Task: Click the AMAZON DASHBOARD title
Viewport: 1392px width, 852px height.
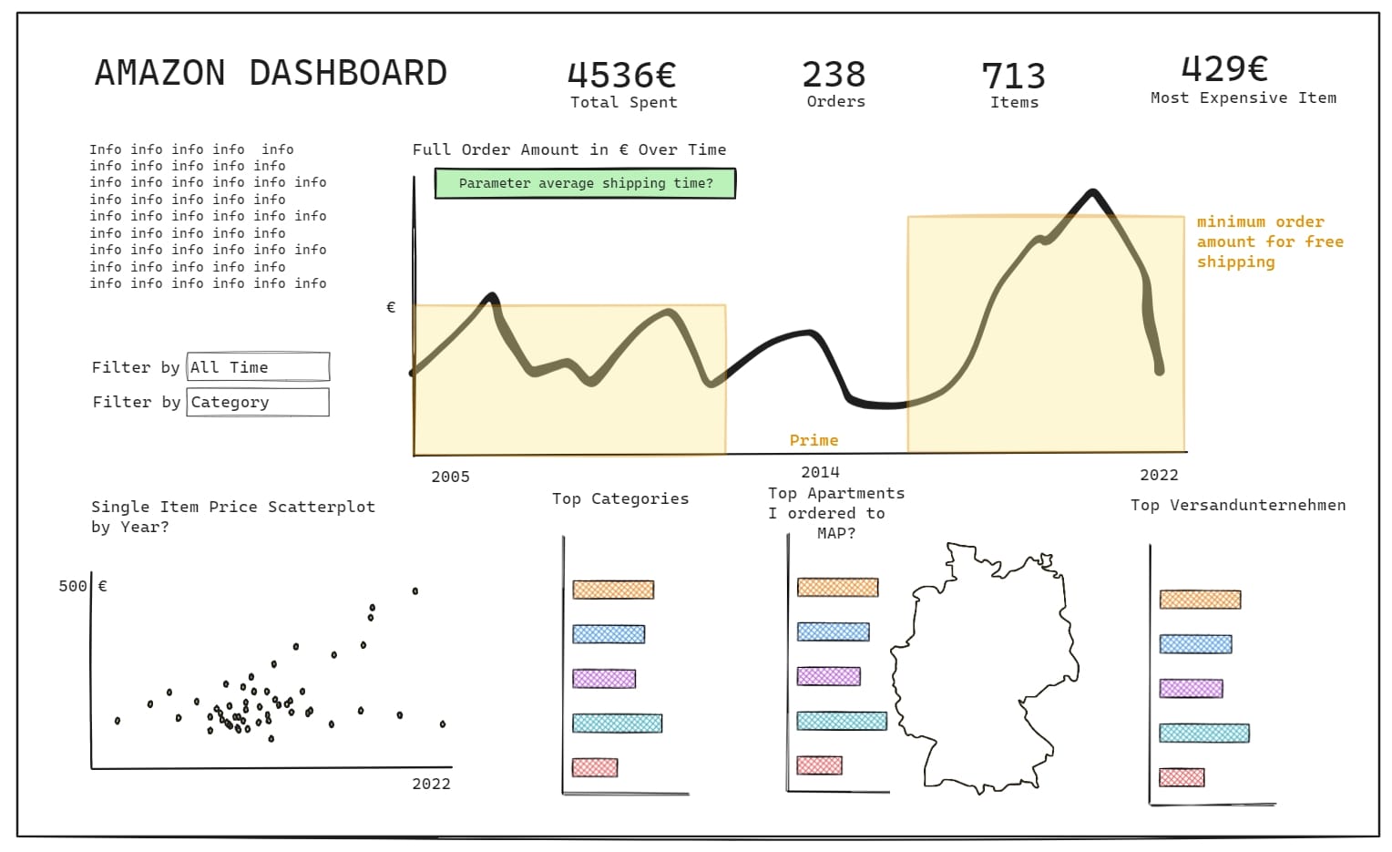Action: (271, 73)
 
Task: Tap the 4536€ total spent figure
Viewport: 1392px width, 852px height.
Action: (621, 75)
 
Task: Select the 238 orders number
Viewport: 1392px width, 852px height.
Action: (834, 74)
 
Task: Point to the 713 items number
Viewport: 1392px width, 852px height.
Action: (1013, 76)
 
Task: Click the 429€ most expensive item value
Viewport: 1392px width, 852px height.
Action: (1224, 68)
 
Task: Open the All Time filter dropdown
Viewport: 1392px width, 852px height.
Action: (258, 367)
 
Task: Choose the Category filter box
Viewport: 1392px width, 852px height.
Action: (258, 402)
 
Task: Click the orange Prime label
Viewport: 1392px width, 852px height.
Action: (814, 440)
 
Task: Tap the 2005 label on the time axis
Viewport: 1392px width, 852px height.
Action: (450, 477)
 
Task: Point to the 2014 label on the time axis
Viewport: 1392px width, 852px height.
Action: (820, 472)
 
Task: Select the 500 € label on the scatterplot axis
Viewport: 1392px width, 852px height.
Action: (82, 586)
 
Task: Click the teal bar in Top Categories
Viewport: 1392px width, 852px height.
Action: (617, 724)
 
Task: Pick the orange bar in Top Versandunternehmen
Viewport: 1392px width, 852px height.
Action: (1200, 600)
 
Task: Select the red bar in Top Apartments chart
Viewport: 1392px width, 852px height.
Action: (819, 765)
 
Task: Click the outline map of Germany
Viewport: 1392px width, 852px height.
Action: (984, 665)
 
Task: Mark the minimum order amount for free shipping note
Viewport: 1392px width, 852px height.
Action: (1269, 241)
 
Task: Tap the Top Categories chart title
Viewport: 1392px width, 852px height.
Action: (620, 498)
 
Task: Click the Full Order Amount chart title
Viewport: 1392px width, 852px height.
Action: (569, 149)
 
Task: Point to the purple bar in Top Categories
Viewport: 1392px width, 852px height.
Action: (604, 679)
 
